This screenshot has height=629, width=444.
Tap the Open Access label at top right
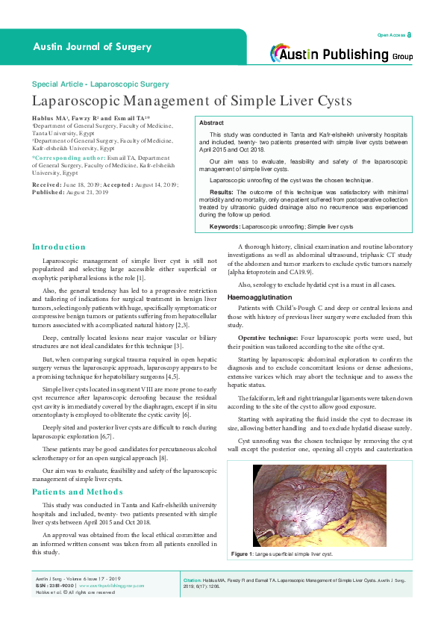click(393, 35)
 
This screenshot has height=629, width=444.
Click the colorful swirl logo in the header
click(280, 52)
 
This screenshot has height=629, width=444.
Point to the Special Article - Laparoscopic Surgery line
click(100, 84)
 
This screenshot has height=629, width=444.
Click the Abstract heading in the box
click(213, 122)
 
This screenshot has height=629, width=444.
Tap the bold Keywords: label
click(225, 226)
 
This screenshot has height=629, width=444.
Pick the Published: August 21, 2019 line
click(70, 191)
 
